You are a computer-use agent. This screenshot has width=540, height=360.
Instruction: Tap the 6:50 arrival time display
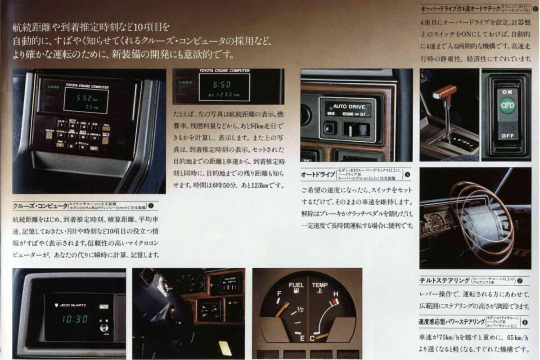pos(221,84)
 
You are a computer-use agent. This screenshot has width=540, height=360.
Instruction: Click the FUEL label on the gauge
pos(296,285)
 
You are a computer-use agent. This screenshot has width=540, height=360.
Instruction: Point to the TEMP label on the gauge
pos(320,285)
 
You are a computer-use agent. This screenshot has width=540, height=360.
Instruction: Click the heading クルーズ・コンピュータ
pos(40,206)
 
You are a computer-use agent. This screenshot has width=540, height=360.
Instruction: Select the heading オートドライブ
pos(318,174)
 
